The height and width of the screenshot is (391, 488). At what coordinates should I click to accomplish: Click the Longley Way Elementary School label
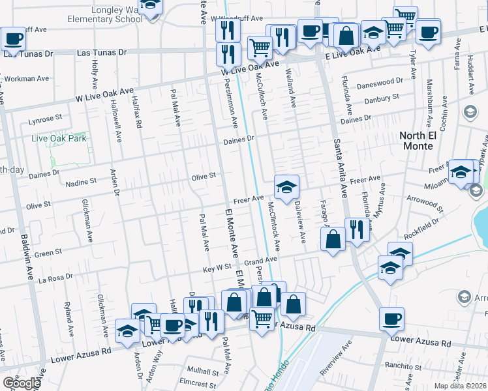click(105, 14)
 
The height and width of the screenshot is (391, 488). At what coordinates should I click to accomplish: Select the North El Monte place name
click(417, 140)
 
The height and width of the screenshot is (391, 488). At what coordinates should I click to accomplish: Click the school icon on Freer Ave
click(286, 187)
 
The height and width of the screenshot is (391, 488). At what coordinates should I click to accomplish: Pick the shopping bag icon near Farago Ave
click(333, 239)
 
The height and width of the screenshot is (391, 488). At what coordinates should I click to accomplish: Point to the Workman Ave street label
click(26, 78)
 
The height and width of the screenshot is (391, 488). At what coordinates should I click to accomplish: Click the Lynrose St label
click(45, 119)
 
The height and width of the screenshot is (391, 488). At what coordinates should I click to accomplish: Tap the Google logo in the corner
click(21, 383)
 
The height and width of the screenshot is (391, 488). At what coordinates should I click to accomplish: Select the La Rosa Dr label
click(60, 279)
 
